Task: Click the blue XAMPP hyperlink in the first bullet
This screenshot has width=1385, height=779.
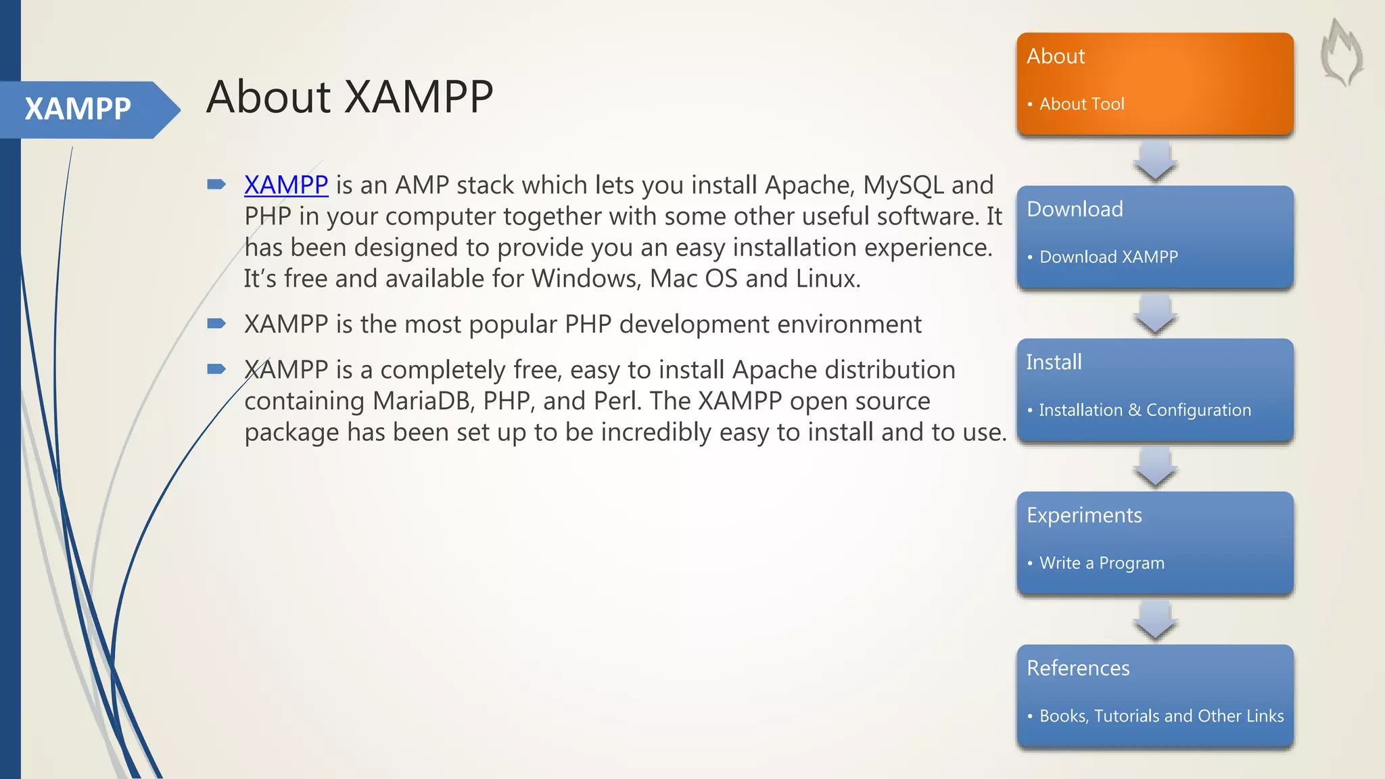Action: pyautogui.click(x=286, y=185)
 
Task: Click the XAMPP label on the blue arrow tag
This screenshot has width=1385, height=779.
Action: pyautogui.click(x=78, y=109)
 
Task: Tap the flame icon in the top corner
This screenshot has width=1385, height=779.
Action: pyautogui.click(x=1342, y=53)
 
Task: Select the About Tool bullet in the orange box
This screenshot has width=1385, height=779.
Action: pyautogui.click(x=1081, y=104)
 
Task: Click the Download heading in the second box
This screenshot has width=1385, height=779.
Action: pyautogui.click(x=1075, y=209)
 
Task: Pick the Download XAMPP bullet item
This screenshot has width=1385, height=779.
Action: pyautogui.click(x=1108, y=257)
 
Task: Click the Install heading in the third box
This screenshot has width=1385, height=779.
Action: pyautogui.click(x=1054, y=362)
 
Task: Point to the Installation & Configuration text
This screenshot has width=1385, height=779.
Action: pyautogui.click(x=1144, y=410)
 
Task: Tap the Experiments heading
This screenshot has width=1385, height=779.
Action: pyautogui.click(x=1084, y=515)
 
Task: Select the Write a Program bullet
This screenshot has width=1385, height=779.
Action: pyautogui.click(x=1102, y=563)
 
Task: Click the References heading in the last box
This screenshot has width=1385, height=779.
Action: pyautogui.click(x=1078, y=668)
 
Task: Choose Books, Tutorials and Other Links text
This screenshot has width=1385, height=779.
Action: pyautogui.click(x=1161, y=716)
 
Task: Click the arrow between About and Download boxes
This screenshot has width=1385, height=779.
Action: pyautogui.click(x=1155, y=161)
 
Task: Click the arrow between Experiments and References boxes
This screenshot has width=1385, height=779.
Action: pyautogui.click(x=1155, y=620)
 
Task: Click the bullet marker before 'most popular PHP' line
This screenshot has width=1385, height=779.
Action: pyautogui.click(x=216, y=323)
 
